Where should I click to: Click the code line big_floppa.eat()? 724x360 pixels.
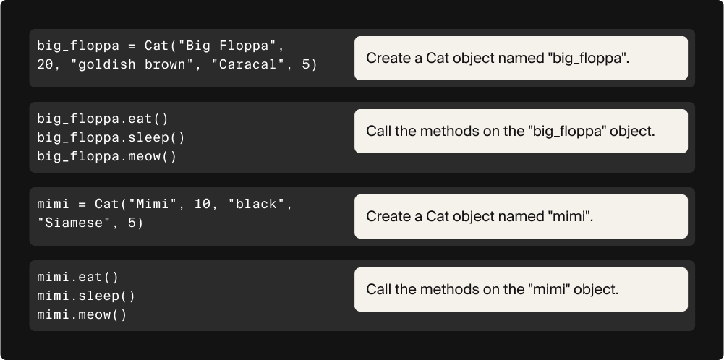(x=103, y=119)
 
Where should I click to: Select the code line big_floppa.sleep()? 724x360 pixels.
(x=111, y=137)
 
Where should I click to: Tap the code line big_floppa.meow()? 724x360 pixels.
(x=107, y=156)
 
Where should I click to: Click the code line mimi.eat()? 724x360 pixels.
(x=77, y=277)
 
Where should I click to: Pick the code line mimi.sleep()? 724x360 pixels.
(x=86, y=296)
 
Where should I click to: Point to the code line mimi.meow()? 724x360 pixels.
(x=82, y=314)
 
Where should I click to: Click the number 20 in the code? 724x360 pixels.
(x=45, y=65)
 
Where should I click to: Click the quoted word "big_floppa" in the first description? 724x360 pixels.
(x=588, y=59)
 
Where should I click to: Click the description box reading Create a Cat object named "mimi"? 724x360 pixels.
(x=521, y=216)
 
